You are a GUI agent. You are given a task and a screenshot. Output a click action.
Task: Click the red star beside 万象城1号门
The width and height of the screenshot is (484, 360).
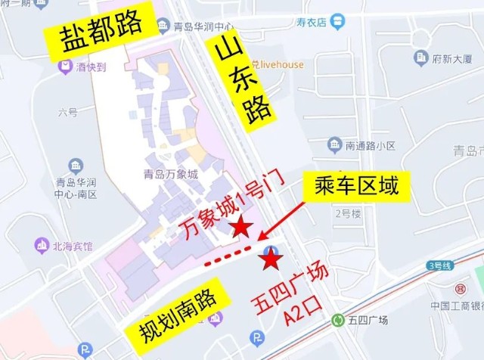[x=241, y=226]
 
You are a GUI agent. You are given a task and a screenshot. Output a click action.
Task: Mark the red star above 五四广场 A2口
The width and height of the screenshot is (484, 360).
[x=271, y=260]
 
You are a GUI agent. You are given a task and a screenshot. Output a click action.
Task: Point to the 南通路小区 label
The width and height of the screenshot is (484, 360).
[x=371, y=144]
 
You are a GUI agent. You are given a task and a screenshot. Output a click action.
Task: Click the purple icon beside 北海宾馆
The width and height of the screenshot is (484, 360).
[x=40, y=246]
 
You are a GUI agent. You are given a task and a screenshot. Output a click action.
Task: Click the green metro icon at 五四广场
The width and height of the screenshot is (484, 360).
[x=337, y=321]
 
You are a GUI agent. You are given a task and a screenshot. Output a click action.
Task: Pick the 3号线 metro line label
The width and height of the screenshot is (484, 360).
[x=439, y=265]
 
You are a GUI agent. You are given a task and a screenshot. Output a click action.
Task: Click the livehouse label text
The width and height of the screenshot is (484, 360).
[x=279, y=64]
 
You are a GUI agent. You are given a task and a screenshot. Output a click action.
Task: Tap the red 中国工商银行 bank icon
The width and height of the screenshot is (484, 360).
[x=459, y=289]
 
